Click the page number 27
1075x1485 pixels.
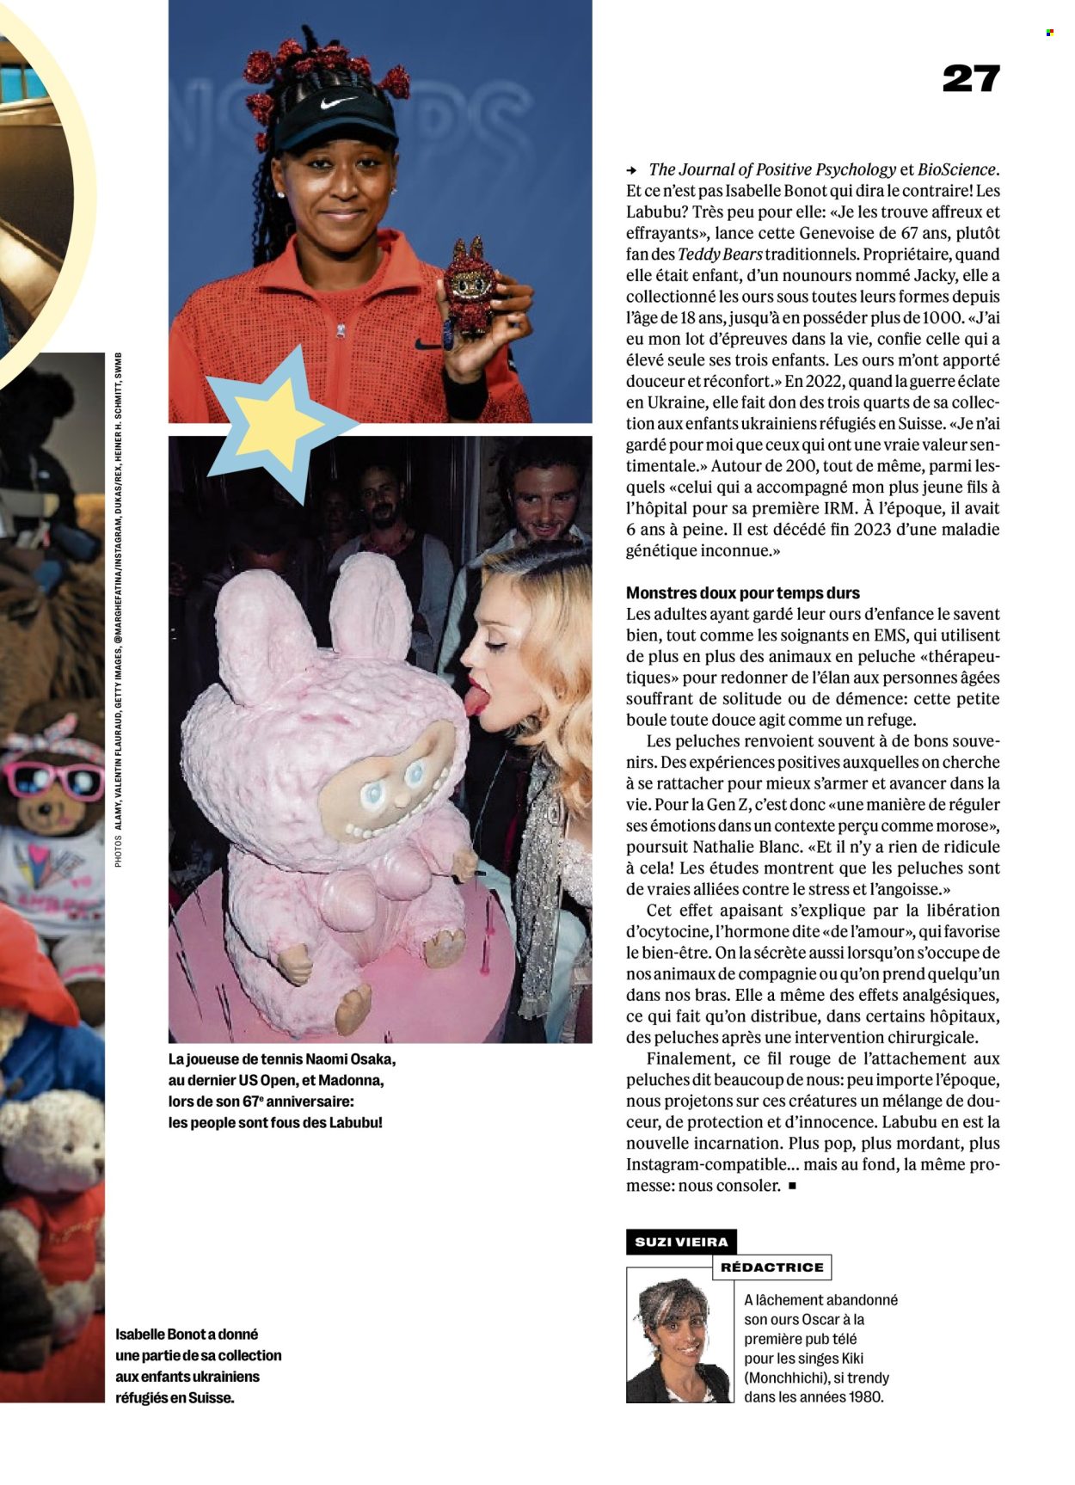coord(971,79)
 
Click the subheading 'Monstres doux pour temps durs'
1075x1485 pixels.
coord(742,593)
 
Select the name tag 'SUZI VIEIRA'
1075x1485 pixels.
coord(680,1242)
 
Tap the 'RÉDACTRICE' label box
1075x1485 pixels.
coord(771,1267)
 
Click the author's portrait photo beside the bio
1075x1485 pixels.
coord(679,1335)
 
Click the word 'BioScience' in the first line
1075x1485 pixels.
coord(957,170)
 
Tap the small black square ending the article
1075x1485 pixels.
coord(792,1187)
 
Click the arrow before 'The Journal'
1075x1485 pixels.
coord(632,170)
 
